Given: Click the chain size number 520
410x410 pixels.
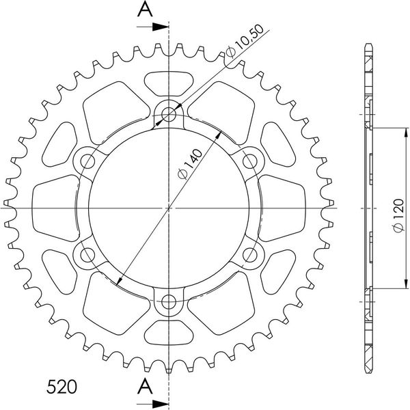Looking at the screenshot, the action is [61, 387].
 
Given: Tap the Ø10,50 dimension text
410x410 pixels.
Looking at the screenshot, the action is [245, 41].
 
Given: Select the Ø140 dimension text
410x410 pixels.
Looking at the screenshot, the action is [190, 164].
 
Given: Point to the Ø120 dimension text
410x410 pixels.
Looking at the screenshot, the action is [398, 215].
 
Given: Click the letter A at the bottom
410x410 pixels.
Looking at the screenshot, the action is [145, 387].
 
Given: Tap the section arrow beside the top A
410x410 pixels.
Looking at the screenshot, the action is [152, 27].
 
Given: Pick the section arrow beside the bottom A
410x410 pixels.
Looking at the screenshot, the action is [152, 403].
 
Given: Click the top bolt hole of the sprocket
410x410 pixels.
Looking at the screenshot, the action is [169, 114].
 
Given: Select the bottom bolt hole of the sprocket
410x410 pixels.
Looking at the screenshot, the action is [169, 302].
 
